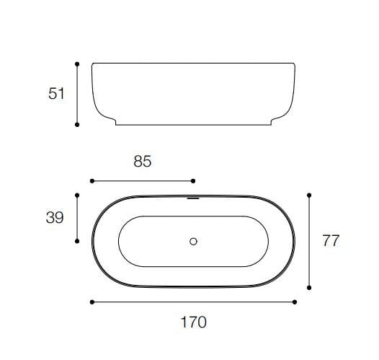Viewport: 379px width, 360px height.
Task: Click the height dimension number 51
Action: [x=57, y=94]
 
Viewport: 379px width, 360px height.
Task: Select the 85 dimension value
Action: [x=143, y=162]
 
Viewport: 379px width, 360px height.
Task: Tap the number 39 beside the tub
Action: [x=55, y=217]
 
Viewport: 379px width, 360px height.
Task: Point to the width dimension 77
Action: [x=331, y=241]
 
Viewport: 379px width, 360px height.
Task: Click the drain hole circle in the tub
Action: [x=193, y=242]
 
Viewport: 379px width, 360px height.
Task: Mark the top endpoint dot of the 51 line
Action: [x=77, y=63]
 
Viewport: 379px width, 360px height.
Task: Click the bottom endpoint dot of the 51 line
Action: [x=77, y=125]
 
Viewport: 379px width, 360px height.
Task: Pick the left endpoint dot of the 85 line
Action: [x=92, y=180]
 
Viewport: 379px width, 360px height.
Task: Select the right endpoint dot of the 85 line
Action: [x=193, y=180]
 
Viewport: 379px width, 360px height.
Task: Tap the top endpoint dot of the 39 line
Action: [x=77, y=193]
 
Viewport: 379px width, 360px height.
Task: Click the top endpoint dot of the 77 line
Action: [x=309, y=194]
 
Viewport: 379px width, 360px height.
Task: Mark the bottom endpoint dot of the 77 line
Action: [x=309, y=288]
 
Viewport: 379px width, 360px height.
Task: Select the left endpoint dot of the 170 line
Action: [x=92, y=302]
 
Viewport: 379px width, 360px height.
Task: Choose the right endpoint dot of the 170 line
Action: [x=295, y=302]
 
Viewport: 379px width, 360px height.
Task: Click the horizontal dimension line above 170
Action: [x=193, y=302]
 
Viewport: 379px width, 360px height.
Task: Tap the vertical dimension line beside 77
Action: [x=309, y=241]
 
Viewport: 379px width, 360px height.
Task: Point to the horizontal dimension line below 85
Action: [x=143, y=180]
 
